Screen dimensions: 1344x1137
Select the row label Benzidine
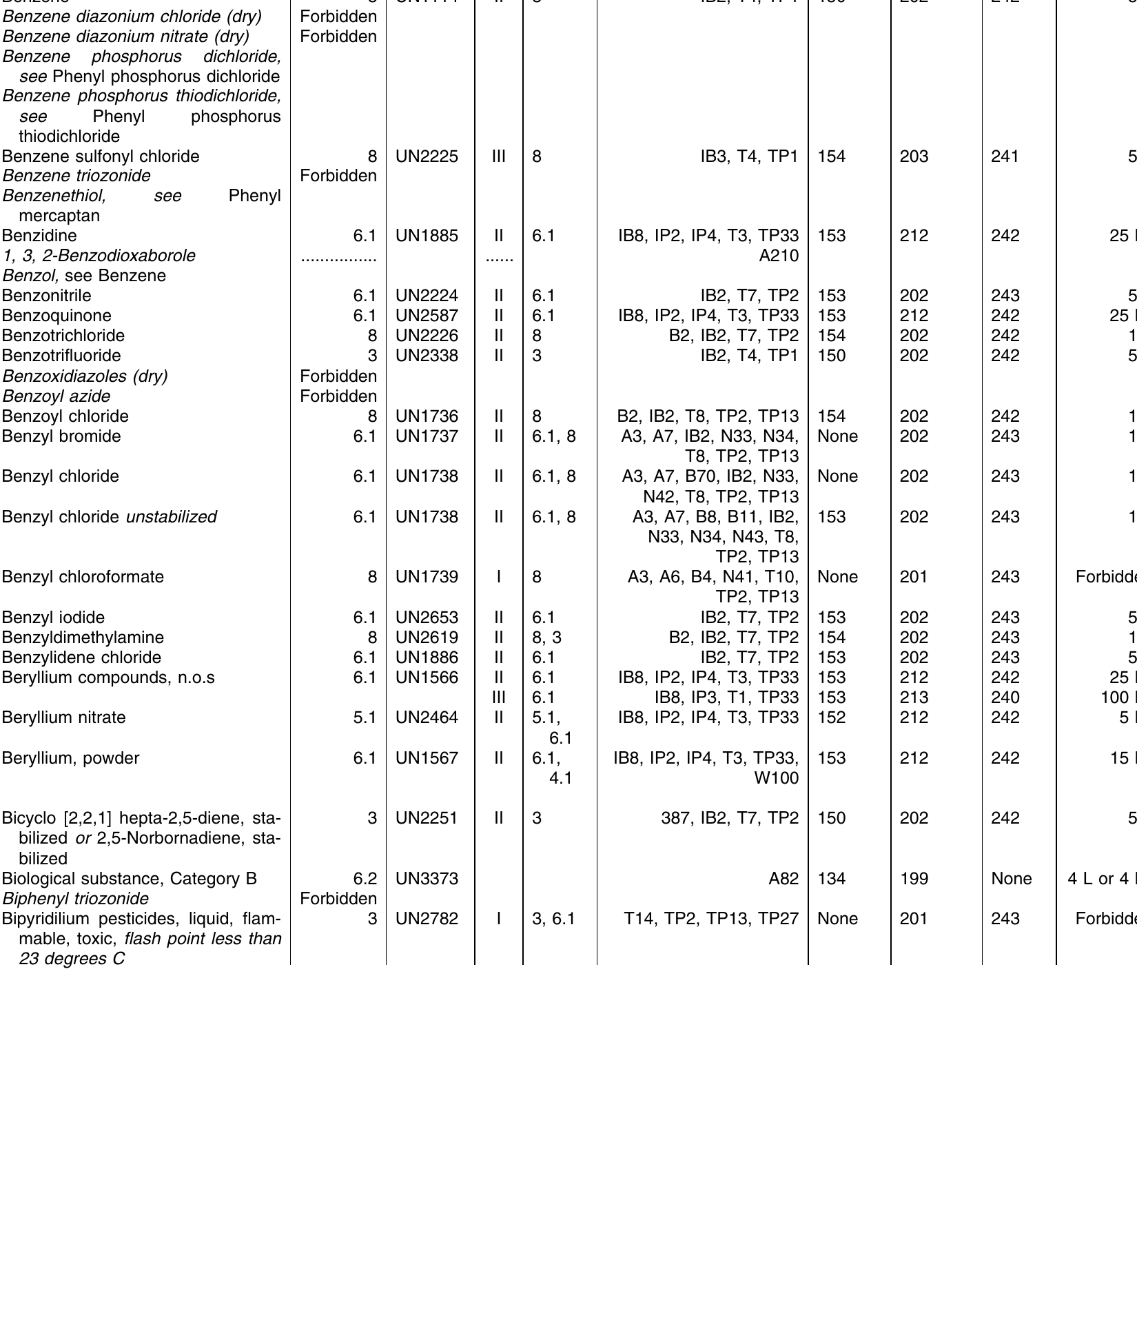39,236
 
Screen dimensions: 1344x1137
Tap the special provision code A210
779,256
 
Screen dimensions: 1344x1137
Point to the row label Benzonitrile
46,296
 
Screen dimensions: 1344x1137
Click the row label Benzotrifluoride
61,356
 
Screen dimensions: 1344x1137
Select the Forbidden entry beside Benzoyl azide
338,396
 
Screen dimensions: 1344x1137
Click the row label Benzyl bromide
61,436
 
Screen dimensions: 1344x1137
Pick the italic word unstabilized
171,517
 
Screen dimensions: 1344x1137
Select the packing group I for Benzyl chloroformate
499,577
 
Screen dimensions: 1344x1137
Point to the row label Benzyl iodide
53,618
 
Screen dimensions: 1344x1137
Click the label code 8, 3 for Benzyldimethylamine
547,638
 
